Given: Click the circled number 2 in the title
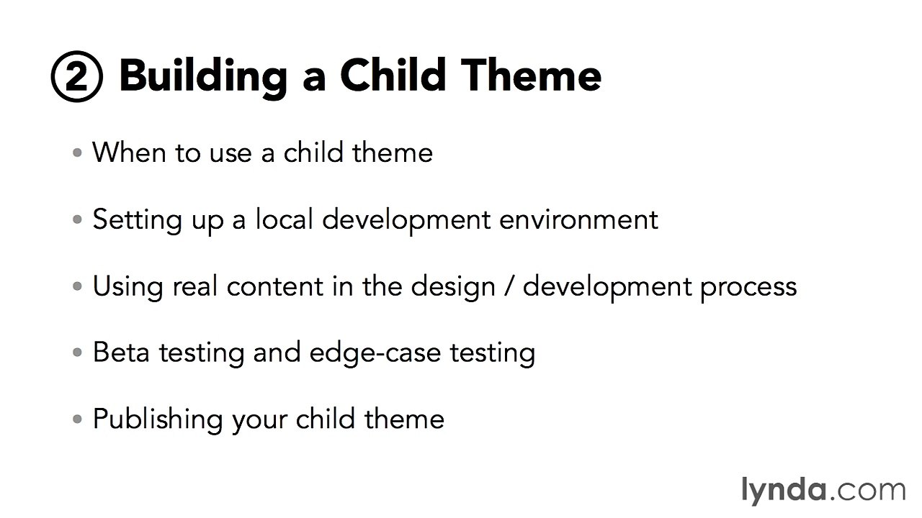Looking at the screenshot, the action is [x=77, y=76].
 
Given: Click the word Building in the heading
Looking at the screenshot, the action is [x=203, y=76].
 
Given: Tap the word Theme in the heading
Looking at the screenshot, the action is [x=531, y=75].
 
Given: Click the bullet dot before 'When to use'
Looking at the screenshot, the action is [x=77, y=153].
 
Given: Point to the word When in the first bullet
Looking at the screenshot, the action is [x=129, y=152].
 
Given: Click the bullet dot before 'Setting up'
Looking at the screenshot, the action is [x=77, y=219].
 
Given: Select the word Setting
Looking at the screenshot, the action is [x=137, y=220].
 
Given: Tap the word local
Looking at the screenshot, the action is [x=285, y=219].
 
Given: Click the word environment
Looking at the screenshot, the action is [x=578, y=219].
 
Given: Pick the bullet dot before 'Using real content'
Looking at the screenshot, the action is [x=77, y=286].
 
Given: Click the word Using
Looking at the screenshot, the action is [x=128, y=287].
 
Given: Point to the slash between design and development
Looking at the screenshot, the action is [x=509, y=286].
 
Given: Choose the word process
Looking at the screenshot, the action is [x=748, y=287].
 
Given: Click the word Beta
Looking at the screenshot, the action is [x=121, y=353].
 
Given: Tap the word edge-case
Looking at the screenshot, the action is [x=375, y=353].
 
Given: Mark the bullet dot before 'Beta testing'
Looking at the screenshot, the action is [x=77, y=353].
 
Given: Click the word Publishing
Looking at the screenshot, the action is [x=158, y=419].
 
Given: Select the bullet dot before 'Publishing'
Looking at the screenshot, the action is [x=77, y=419].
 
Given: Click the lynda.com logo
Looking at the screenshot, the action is [x=823, y=491].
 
